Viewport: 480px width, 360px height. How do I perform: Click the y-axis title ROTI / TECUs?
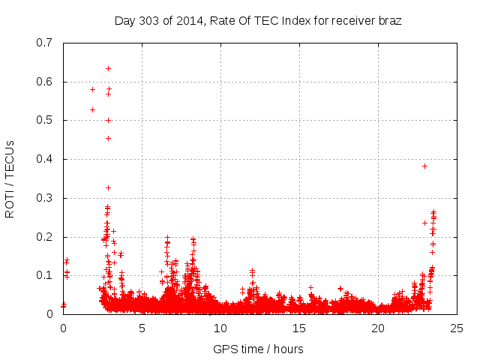(10, 178)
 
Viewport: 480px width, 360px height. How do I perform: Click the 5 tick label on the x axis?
(142, 328)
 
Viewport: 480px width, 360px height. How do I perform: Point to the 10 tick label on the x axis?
(220, 328)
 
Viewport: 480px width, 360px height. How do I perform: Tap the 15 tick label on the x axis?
(299, 328)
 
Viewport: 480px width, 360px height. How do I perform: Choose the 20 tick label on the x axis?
(378, 328)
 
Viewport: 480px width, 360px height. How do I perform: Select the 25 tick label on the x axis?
(457, 328)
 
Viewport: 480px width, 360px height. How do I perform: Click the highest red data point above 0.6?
(108, 68)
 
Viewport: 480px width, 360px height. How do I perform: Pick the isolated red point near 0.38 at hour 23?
(424, 166)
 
